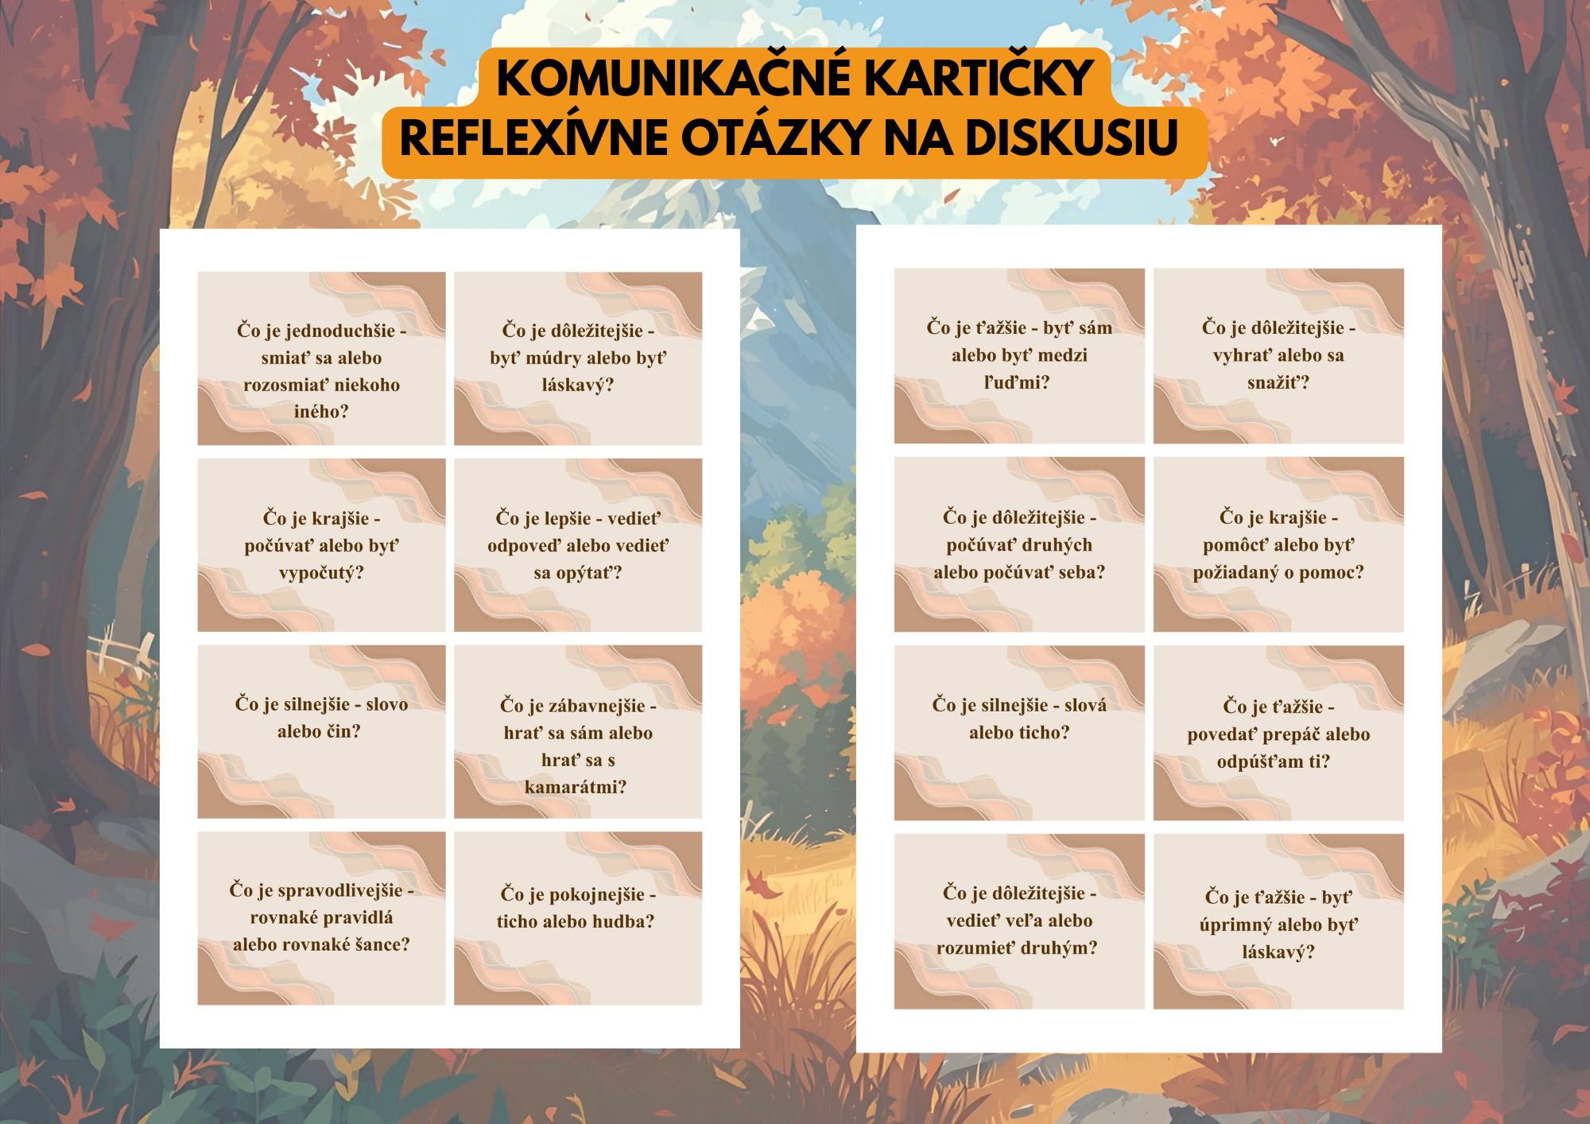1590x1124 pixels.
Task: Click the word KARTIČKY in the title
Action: pos(979,77)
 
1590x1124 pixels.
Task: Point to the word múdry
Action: pos(553,359)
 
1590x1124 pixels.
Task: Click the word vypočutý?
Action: pos(321,573)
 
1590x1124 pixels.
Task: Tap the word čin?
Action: pos(341,731)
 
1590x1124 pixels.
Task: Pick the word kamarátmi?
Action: pos(576,787)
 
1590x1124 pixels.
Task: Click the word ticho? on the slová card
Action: pos(1019,732)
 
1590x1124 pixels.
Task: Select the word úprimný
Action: pos(1235,925)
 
